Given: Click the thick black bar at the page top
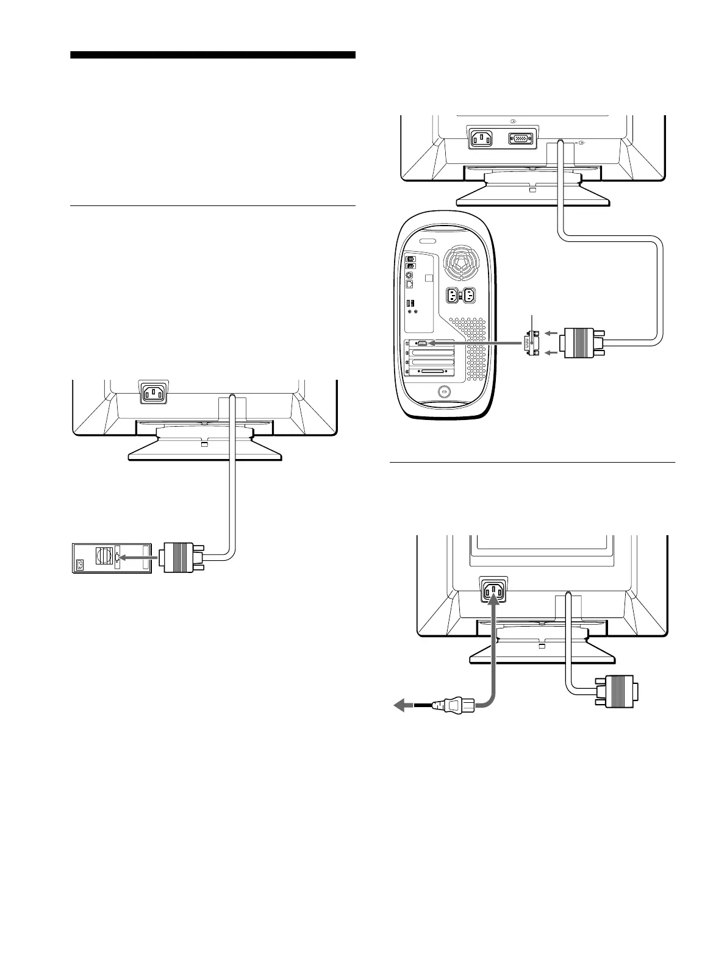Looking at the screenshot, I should (212, 55).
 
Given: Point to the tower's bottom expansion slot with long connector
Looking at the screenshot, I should (434, 371).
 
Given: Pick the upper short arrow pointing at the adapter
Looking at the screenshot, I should (551, 333).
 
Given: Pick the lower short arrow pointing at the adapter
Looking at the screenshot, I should (551, 352).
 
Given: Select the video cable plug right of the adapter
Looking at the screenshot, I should (583, 343).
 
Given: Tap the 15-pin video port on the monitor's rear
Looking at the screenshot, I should (520, 139).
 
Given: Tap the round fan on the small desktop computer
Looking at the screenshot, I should (102, 557).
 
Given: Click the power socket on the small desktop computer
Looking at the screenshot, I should (79, 565).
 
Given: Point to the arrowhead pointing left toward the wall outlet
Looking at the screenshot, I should (400, 705).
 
